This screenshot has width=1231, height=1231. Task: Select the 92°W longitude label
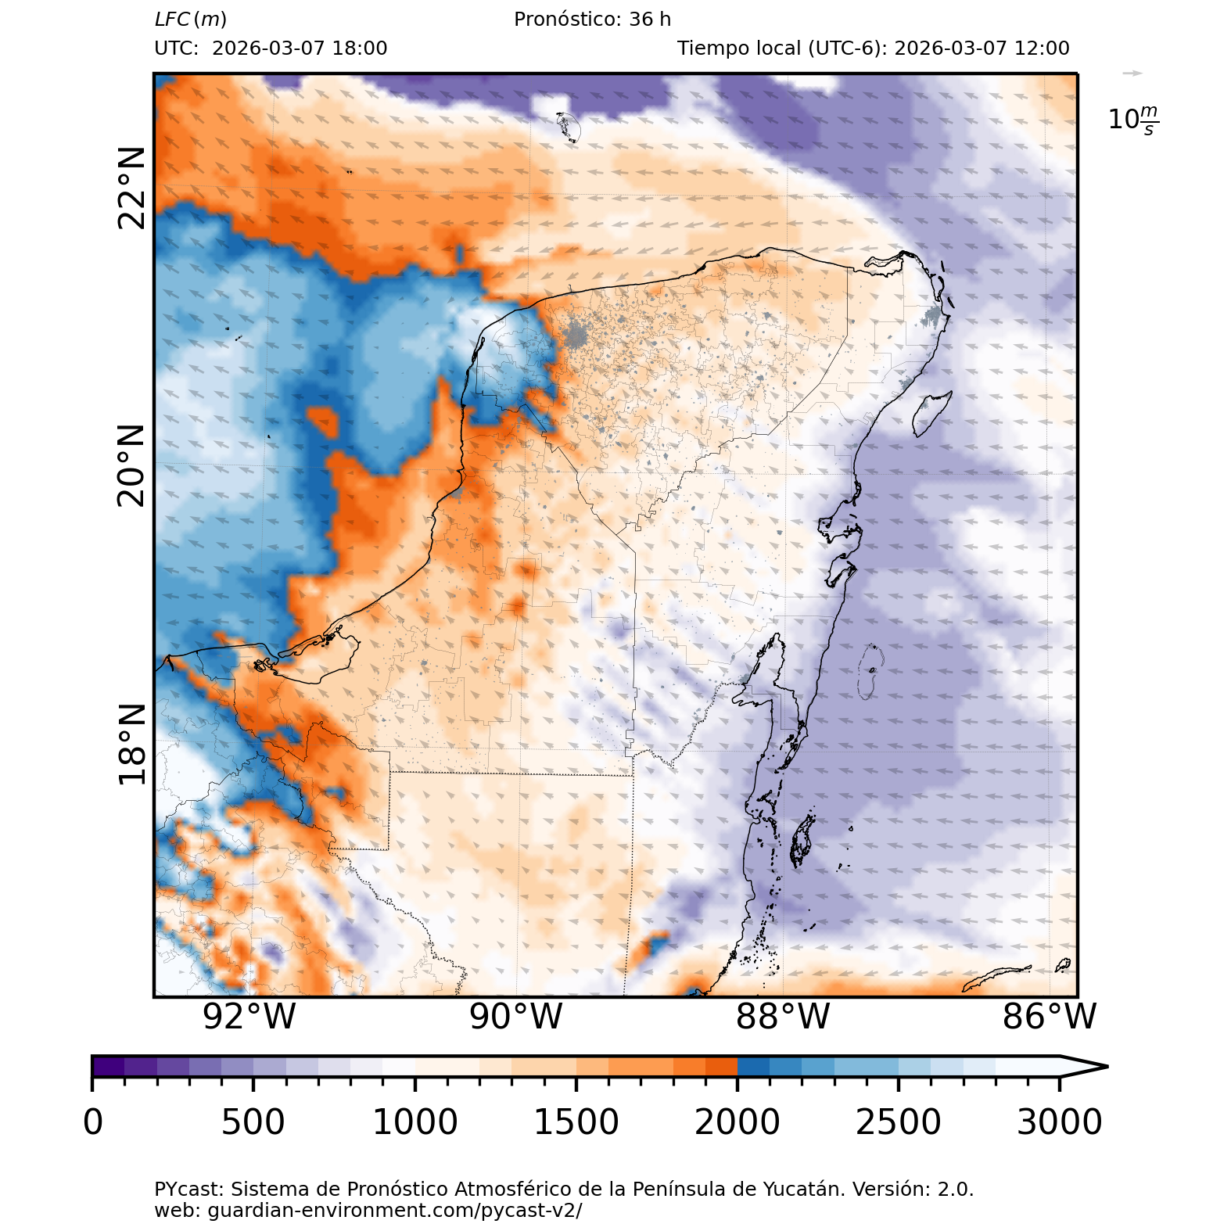[249, 1017]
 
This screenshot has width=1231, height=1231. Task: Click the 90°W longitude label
[516, 1017]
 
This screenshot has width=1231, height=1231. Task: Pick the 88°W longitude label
[783, 1017]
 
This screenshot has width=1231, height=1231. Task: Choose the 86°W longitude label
[1050, 1017]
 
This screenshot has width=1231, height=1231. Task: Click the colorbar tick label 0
[93, 1122]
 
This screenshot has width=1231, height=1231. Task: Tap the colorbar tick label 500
[253, 1122]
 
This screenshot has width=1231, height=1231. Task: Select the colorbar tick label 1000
[415, 1122]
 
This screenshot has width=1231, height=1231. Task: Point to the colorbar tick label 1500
[576, 1122]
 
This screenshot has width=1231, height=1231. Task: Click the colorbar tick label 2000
[737, 1122]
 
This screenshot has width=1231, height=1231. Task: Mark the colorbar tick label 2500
[898, 1122]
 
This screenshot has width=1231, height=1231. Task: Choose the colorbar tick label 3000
[1059, 1122]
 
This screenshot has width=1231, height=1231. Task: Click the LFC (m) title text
[191, 20]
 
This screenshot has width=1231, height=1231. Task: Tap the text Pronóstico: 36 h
[592, 20]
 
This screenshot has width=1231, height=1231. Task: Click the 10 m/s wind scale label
[1133, 120]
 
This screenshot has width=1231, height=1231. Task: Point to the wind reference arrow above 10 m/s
[1132, 74]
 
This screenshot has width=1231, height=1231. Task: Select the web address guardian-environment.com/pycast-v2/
[368, 1211]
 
